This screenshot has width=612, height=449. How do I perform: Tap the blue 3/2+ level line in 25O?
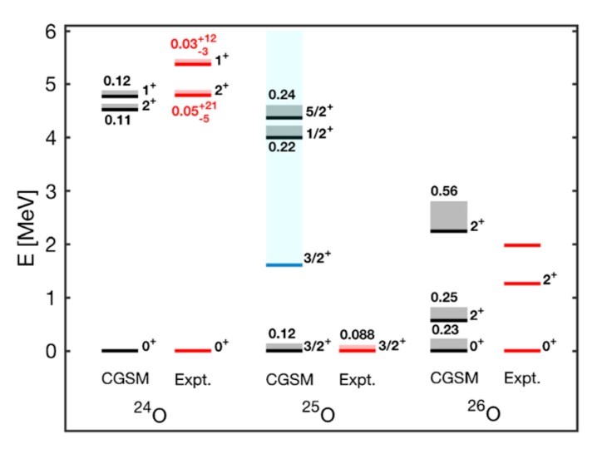[284, 264]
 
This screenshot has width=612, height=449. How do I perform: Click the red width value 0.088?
[358, 333]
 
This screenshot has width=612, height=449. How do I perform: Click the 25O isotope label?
[321, 412]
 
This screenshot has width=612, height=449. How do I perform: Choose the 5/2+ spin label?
[318, 109]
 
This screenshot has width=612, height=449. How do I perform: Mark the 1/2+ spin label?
[318, 131]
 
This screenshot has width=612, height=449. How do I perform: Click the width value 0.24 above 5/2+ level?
[283, 94]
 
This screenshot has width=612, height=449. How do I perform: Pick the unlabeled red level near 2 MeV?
[522, 244]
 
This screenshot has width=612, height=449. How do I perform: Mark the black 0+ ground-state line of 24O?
[120, 350]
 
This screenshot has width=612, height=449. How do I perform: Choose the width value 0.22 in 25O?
[283, 146]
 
